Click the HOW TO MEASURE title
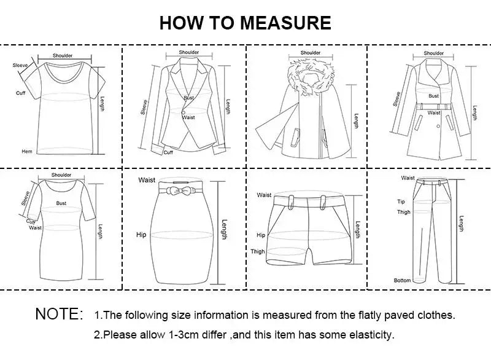pos(245,23)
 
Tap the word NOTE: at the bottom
pos(59,315)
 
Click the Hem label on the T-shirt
pos(27,151)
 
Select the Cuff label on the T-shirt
pos(20,93)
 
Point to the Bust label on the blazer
pos(189,98)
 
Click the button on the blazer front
pos(182,112)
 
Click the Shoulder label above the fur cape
pos(311,53)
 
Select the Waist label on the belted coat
pos(434,113)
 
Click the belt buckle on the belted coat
pos(434,107)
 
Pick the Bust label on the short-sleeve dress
pos(61,203)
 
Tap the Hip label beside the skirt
pos(141,235)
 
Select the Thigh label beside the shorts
pos(258,252)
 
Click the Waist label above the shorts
pos(264,195)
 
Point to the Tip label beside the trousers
pos(401,202)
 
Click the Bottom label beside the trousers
pos(403,281)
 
